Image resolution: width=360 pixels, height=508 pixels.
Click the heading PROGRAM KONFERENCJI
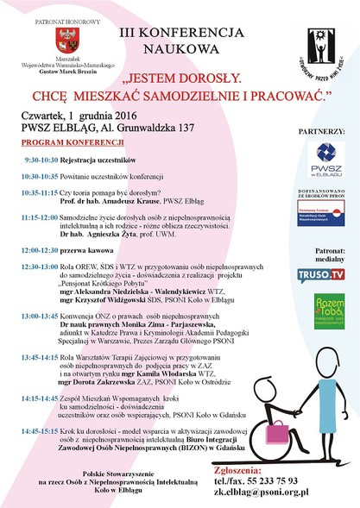point(61,141)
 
